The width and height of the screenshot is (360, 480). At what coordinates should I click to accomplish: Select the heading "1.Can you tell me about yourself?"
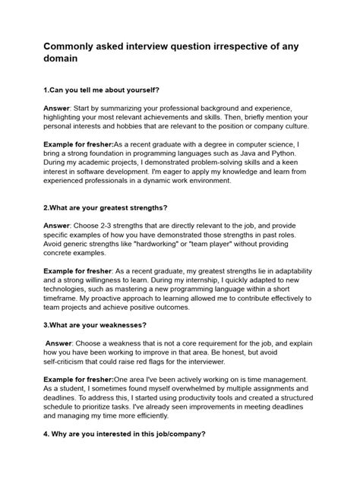(104, 89)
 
